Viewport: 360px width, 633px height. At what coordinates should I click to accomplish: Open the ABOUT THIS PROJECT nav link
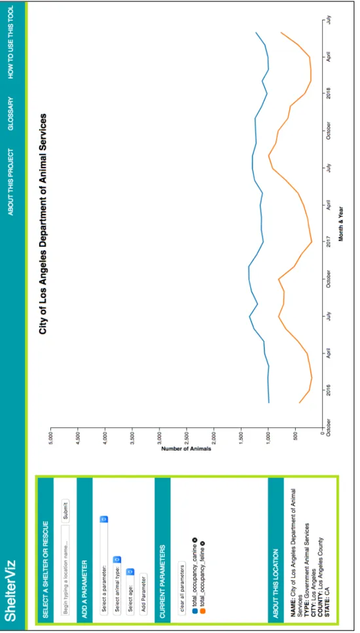(11, 182)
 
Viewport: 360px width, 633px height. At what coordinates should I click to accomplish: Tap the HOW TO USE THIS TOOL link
(11, 42)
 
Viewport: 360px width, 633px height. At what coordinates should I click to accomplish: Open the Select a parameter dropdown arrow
(103, 519)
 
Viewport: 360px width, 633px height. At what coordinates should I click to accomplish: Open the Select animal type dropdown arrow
(117, 560)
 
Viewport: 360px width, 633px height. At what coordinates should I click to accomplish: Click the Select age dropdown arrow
(130, 571)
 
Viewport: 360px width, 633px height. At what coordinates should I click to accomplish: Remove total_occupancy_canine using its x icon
(194, 540)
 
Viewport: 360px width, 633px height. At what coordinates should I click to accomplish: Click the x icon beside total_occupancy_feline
(203, 543)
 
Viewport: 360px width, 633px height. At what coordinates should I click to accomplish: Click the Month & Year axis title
(341, 224)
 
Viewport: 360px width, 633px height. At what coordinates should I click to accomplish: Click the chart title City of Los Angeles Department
(43, 224)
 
